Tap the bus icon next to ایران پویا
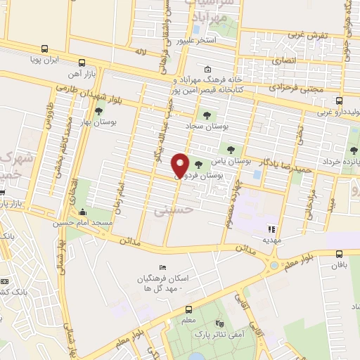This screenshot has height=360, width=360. (45, 49)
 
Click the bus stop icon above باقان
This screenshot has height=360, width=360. (340, 254)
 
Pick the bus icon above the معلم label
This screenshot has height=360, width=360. (188, 309)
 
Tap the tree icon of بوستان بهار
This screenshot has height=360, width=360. (98, 110)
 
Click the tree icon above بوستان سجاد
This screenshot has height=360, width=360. (207, 115)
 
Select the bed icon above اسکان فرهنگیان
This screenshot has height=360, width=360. (163, 268)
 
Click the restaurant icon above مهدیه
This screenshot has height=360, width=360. (271, 229)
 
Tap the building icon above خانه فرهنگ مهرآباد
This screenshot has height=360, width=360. (207, 70)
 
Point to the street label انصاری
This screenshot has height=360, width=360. (290, 61)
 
